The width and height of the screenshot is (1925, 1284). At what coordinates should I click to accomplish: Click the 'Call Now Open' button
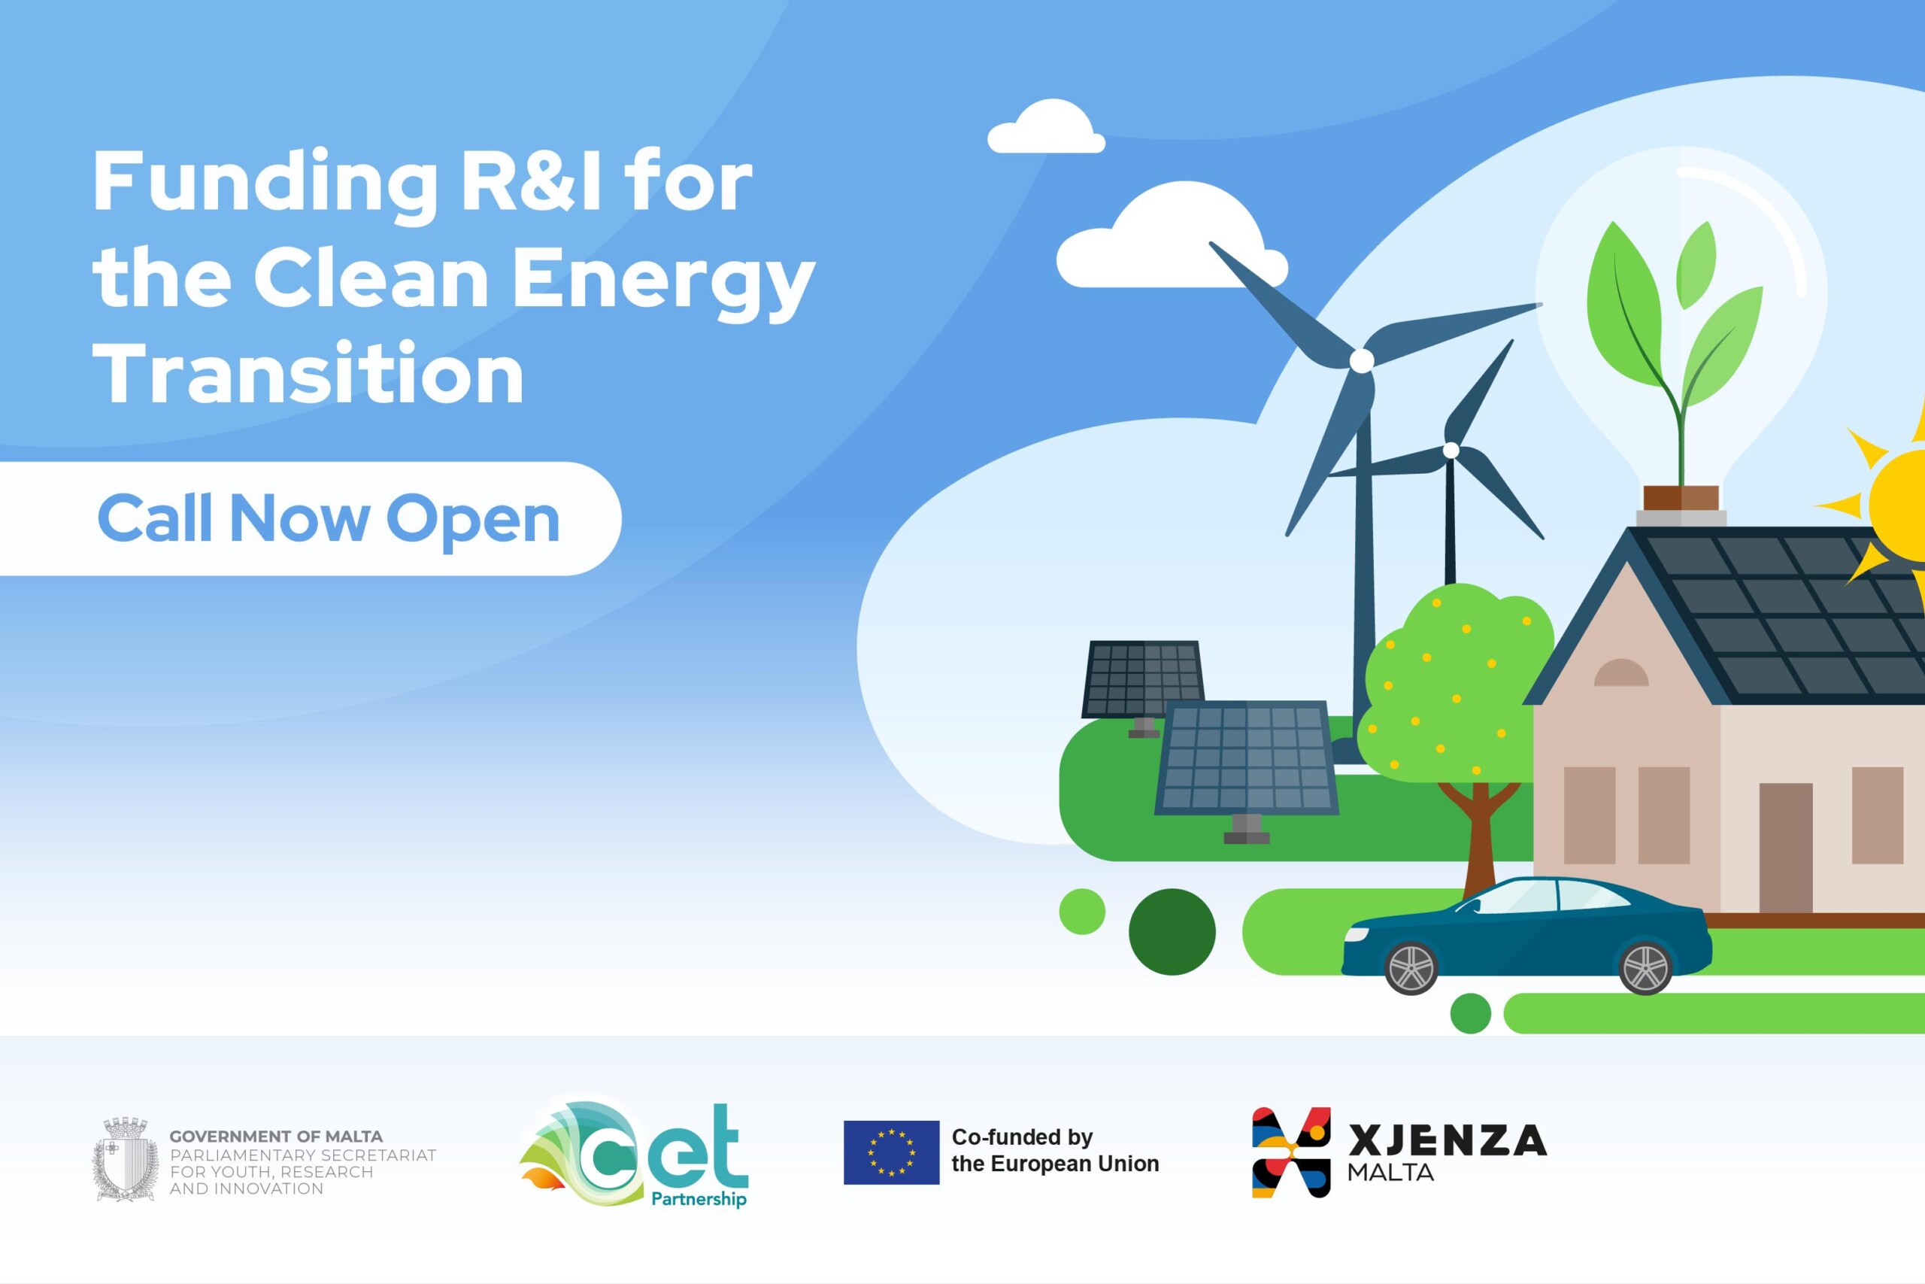[311, 518]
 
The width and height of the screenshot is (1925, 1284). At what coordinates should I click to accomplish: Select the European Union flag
[891, 1152]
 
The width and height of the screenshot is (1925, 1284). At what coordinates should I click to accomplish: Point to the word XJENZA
[1447, 1140]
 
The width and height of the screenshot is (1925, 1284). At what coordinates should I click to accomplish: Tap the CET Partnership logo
[633, 1152]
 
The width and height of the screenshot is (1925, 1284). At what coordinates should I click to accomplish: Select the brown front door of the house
[1786, 848]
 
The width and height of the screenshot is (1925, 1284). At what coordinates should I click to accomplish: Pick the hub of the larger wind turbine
[1361, 360]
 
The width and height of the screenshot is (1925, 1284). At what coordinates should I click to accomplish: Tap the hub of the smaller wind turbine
[1451, 450]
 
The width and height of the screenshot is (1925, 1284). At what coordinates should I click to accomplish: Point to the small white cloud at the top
[1047, 126]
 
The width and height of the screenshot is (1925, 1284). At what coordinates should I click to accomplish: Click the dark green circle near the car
[1172, 932]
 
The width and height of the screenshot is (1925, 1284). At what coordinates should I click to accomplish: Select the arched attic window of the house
[1621, 672]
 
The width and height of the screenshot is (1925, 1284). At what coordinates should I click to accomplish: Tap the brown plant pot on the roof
[1681, 498]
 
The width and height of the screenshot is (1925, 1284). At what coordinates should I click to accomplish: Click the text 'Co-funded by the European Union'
[1055, 1151]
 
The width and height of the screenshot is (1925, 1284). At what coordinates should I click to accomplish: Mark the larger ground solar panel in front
[1247, 758]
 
